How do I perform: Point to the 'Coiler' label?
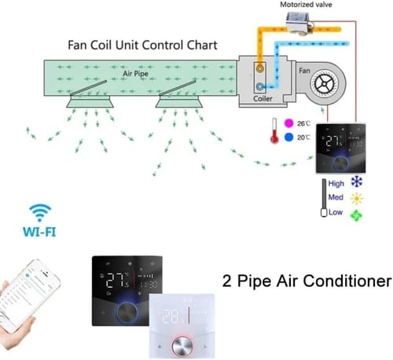pos(264,100)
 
